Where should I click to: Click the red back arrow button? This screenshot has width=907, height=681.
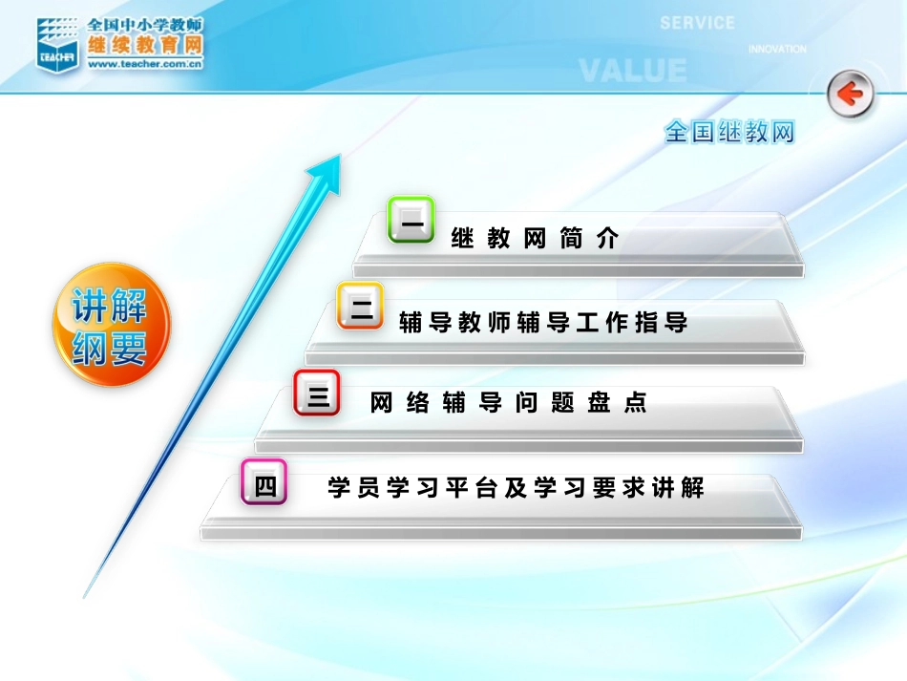tap(850, 95)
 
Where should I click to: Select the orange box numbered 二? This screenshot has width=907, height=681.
tap(360, 307)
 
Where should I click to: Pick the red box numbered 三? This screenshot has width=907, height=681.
tap(317, 394)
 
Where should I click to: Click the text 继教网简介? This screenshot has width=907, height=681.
tap(536, 239)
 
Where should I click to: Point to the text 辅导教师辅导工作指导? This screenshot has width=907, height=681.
tap(543, 323)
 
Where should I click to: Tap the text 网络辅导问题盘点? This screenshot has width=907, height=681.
tap(509, 403)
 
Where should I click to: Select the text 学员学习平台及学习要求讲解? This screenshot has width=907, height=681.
tap(516, 488)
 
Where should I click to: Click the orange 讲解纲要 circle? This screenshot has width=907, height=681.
tap(112, 325)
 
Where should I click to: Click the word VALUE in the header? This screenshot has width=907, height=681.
tap(632, 71)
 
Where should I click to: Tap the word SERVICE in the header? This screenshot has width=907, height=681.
tap(697, 23)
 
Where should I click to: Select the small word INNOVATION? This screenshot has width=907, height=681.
tap(776, 49)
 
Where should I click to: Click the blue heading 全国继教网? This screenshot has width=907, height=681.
tap(729, 132)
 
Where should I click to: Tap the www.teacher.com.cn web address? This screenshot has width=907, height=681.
tap(144, 65)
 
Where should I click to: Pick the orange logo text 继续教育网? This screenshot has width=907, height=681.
tap(144, 45)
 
